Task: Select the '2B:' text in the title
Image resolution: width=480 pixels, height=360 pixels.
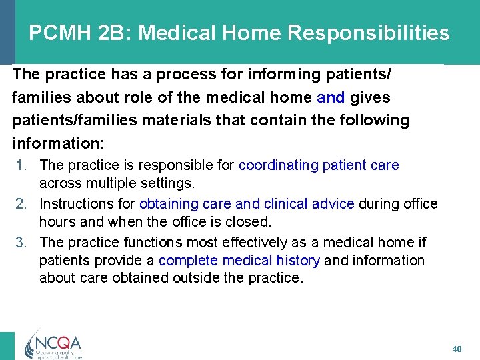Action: [x=117, y=33]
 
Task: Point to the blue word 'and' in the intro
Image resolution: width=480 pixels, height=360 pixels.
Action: [x=331, y=97]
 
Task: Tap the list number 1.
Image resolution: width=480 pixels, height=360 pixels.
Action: [x=21, y=165]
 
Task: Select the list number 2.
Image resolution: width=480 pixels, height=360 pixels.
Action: [x=21, y=203]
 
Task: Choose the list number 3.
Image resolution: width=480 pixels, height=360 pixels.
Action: [x=21, y=242]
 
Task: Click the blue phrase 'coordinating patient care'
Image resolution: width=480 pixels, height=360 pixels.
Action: [x=319, y=165]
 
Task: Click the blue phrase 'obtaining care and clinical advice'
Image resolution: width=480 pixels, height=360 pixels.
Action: [x=247, y=203]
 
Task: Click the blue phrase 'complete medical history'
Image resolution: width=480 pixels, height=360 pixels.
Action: [x=239, y=260]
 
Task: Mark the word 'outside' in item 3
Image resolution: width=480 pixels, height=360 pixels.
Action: [x=197, y=277]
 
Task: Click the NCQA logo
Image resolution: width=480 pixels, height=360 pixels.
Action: [x=53, y=343]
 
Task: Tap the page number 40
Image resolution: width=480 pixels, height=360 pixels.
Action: [x=456, y=349]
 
